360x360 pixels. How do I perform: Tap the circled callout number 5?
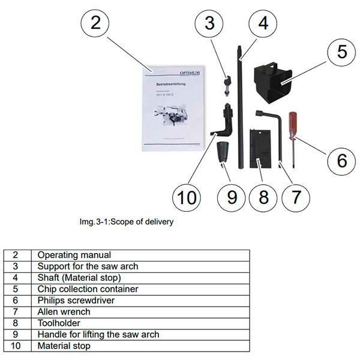(341, 51)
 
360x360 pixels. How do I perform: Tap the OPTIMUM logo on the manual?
(193, 73)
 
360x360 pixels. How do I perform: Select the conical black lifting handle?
(224, 152)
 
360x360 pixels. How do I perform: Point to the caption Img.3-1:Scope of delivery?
(127, 221)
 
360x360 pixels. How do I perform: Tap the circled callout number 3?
(209, 24)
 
